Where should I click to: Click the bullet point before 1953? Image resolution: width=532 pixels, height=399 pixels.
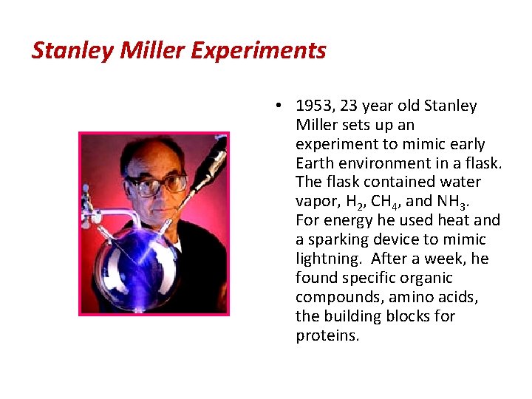pyautogui.click(x=274, y=106)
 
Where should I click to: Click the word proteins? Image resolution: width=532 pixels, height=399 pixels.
pyautogui.click(x=327, y=335)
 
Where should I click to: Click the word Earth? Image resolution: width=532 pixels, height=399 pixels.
pyautogui.click(x=317, y=163)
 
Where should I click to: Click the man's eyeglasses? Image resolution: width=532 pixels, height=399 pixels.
pyautogui.click(x=157, y=184)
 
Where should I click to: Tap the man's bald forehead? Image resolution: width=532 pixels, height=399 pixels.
pyautogui.click(x=158, y=159)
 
